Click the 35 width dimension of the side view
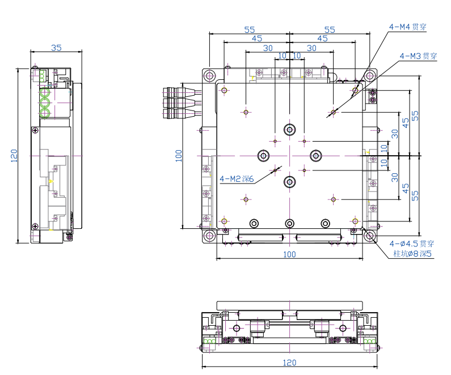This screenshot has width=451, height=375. click(56, 48)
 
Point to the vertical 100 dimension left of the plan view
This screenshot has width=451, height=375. click(178, 156)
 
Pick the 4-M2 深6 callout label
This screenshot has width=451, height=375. click(236, 179)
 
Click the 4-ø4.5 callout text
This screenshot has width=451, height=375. click(411, 244)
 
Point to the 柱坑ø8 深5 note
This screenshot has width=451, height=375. click(412, 254)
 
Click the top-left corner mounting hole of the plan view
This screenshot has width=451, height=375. click(209, 75)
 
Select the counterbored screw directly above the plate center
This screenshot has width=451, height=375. click(290, 130)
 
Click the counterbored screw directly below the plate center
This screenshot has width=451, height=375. click(290, 181)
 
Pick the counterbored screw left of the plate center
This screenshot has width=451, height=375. click(264, 155)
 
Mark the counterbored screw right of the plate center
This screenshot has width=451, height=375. click(316, 155)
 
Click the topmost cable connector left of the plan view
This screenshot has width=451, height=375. click(173, 91)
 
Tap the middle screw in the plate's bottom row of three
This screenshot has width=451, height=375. click(290, 222)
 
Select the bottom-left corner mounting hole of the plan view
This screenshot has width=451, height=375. click(209, 236)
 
